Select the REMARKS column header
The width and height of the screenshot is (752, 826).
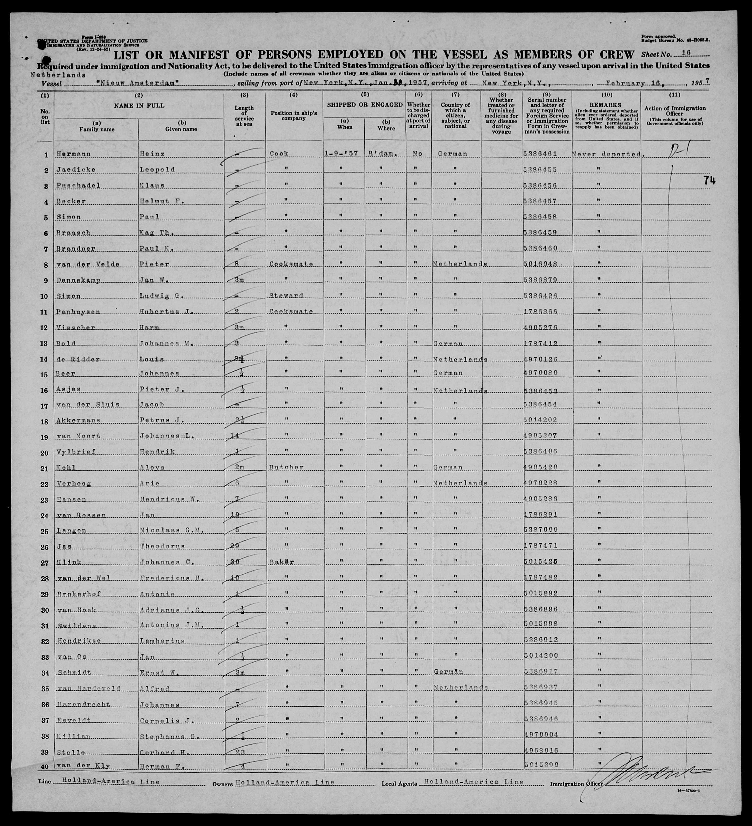coord(606,105)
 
